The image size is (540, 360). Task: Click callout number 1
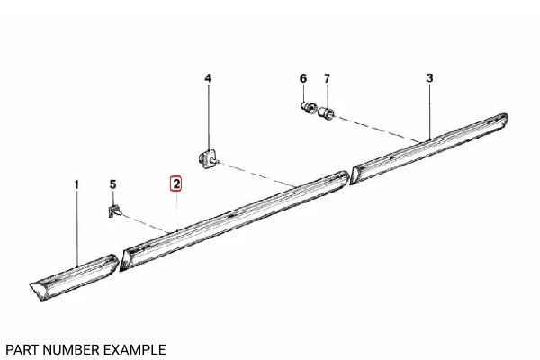[x=77, y=184]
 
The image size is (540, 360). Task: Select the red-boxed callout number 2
[x=176, y=184]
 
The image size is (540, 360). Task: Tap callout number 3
[x=429, y=78]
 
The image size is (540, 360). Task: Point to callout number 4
[x=208, y=78]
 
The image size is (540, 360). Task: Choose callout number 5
[x=112, y=184]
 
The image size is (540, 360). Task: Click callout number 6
[x=303, y=78]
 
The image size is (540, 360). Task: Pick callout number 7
[x=327, y=78]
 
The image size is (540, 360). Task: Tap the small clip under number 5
[x=113, y=212]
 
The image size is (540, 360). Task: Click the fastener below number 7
[x=328, y=114]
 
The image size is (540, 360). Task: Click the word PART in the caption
[x=22, y=348]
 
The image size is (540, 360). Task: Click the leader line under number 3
[x=430, y=108]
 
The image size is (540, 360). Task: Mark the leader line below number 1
[x=77, y=225]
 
